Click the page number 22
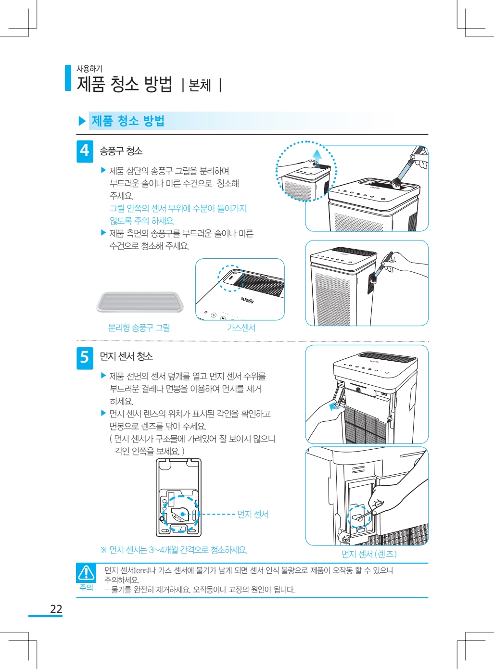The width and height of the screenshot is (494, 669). click(56, 608)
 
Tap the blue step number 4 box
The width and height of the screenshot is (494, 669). click(85, 151)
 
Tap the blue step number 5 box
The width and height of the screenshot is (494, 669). click(85, 358)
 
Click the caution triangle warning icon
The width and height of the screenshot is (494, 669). click(86, 572)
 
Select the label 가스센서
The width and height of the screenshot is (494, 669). click(241, 328)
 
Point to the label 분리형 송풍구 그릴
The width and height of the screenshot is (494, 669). click(139, 328)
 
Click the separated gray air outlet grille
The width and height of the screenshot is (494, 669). click(139, 302)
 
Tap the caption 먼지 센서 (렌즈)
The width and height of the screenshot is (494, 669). click(369, 554)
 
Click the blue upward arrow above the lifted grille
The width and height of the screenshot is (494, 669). click(317, 157)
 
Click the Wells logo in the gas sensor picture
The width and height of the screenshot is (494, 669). click(247, 300)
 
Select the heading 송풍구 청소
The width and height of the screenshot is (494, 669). click(121, 151)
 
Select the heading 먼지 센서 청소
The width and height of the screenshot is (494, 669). click(126, 356)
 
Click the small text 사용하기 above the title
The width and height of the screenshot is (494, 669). click(89, 69)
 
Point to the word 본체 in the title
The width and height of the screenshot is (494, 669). click(200, 85)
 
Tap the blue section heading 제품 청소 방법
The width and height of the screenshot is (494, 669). click(128, 121)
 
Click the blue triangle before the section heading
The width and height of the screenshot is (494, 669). click(82, 121)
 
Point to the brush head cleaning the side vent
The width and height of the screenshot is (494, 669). click(373, 277)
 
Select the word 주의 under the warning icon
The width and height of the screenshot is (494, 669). click(86, 587)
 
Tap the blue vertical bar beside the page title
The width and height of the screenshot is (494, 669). click(68, 78)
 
